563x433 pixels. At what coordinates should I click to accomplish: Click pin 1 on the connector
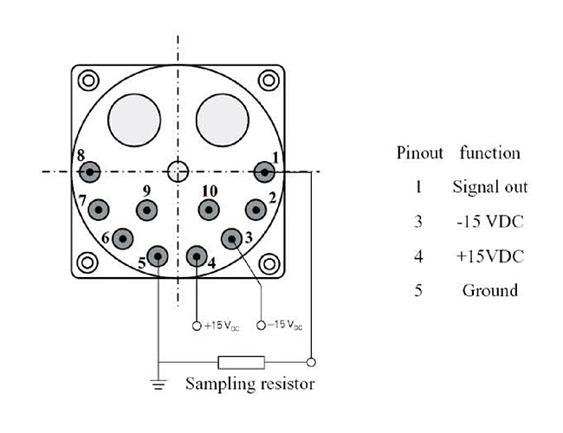[264, 172]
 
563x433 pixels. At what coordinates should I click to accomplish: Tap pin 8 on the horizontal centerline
[89, 172]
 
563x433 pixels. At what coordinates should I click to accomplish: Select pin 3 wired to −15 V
[231, 239]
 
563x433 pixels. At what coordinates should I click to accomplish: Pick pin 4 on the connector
[197, 256]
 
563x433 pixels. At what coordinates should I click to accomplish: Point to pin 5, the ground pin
[158, 256]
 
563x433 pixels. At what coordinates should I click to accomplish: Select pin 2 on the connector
[256, 210]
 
